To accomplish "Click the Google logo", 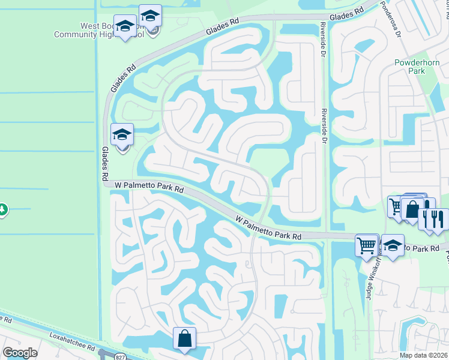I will point(20,353).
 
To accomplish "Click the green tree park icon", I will point(2,209).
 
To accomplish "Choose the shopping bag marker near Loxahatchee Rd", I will point(184,338).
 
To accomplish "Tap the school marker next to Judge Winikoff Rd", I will point(392,245).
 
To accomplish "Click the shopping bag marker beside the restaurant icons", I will point(412,209).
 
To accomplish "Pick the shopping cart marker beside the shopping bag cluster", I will point(396,207).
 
